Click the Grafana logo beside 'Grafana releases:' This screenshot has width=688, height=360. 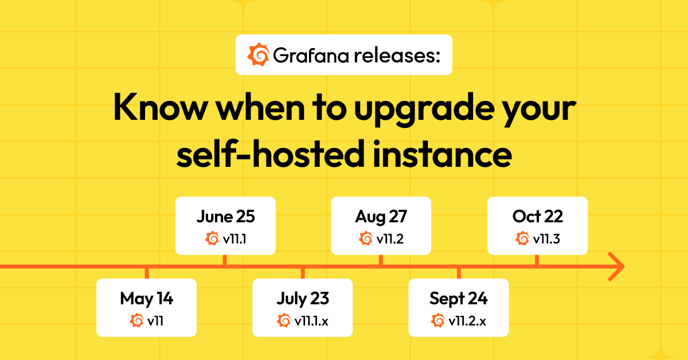pos(258,55)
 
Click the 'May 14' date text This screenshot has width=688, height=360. pos(146,299)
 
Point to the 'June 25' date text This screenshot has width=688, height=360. pos(225,217)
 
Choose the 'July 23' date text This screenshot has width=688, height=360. pos(303,299)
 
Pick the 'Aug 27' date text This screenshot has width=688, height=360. pos(381,217)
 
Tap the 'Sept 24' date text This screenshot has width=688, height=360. pos(459,299)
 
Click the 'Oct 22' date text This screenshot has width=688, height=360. pos(538,217)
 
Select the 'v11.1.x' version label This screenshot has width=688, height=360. pos(312,320)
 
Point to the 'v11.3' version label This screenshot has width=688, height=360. pos(546,238)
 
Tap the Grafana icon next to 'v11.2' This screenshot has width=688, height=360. pos(366,238)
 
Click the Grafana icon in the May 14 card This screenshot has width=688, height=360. pos(137,320)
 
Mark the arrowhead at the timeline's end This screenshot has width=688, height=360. pos(617,267)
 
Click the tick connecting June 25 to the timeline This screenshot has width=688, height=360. pos(225,260)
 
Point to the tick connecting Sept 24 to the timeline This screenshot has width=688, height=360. pos(459,273)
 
